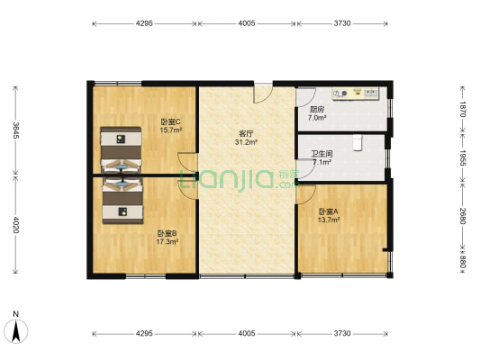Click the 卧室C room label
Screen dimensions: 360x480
coord(171,121)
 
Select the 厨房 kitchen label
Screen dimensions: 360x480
coord(316,109)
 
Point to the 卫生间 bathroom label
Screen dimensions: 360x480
coord(322,154)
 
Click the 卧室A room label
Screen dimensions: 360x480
coord(327,211)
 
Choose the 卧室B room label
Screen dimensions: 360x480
coord(167,234)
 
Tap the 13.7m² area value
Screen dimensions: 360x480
coord(327,219)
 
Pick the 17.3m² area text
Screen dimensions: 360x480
coord(167,242)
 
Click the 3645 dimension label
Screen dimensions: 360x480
coord(15,130)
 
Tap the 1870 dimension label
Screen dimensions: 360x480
coord(462,109)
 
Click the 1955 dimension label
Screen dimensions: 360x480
coord(462,158)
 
